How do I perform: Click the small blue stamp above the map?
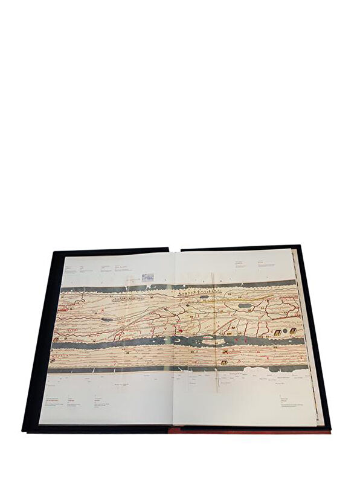[x=147, y=277]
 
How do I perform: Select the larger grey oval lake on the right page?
[x=245, y=305]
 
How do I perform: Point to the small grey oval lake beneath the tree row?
[x=188, y=306]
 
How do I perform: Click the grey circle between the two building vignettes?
[x=284, y=332]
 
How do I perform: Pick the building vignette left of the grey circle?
[x=277, y=333]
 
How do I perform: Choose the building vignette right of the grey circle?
[x=292, y=331]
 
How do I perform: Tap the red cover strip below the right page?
[x=248, y=430]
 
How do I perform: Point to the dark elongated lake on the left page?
[x=106, y=319]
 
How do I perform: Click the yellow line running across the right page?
[x=254, y=296]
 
